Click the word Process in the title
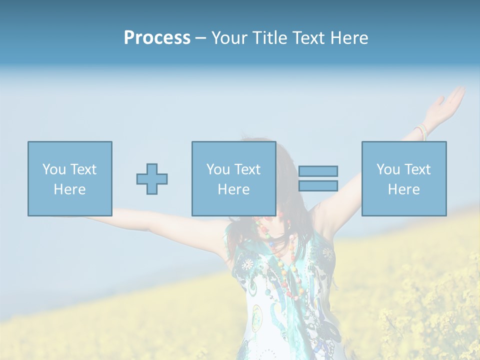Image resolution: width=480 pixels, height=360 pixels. tap(157, 38)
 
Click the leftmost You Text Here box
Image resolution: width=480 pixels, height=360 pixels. tap(70, 178)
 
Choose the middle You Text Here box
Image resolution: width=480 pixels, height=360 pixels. tap(234, 178)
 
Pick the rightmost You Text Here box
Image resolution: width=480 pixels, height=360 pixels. tap(404, 178)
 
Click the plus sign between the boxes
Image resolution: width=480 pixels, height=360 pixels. tap(152, 178)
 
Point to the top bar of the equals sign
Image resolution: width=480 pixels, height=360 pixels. tap(318, 171)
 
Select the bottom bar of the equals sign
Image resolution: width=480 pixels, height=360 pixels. tap(318, 185)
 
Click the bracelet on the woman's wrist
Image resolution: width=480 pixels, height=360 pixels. tap(421, 131)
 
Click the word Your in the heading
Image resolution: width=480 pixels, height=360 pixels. tap(229, 38)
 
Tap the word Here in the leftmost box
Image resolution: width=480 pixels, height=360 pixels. tap(70, 189)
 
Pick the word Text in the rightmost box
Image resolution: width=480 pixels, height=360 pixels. tap(418, 169)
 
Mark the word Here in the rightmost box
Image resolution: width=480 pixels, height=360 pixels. tap(404, 189)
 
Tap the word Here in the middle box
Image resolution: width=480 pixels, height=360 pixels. tap(234, 189)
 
